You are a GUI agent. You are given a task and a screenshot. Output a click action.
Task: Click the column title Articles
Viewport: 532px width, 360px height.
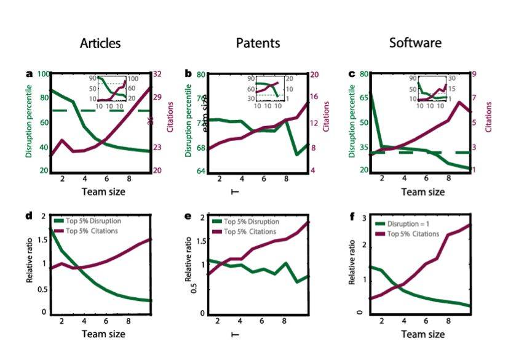[100, 43]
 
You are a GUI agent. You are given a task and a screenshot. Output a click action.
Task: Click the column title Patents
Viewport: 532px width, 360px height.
[258, 43]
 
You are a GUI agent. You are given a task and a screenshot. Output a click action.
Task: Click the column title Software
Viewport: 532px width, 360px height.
[415, 43]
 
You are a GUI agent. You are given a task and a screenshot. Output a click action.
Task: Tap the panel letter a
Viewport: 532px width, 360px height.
[29, 74]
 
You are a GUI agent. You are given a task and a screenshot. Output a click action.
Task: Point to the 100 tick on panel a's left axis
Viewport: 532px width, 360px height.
[42, 74]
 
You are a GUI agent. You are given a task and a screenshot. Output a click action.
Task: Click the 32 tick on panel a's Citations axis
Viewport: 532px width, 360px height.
[157, 74]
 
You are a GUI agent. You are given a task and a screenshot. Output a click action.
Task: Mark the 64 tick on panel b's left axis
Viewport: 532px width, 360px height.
[200, 171]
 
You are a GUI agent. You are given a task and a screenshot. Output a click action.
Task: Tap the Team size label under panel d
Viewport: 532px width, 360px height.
[103, 334]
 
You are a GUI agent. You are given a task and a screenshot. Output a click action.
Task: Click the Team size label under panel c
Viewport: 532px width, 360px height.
[423, 192]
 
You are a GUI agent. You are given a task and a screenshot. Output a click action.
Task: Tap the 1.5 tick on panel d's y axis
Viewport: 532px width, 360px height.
[41, 240]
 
